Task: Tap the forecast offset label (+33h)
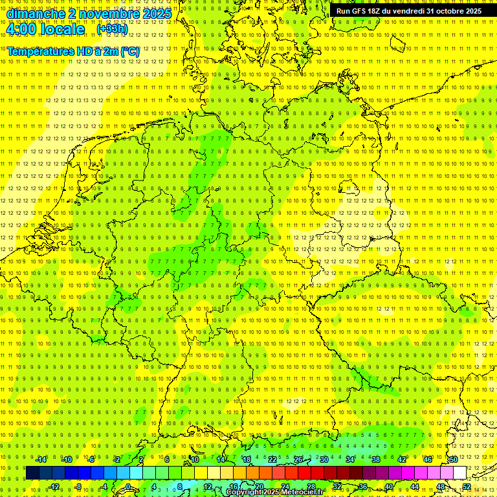pos(112,29)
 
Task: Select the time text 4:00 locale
pos(45,30)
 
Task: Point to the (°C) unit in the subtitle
pos(128,51)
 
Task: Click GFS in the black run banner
pos(359,11)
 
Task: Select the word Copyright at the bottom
pos(245,492)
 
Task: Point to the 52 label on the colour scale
pos(467,487)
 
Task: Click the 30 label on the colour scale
pos(324,459)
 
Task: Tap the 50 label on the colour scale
pos(454,459)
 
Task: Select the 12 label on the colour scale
pos(208,487)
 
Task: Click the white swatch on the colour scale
pos(460,473)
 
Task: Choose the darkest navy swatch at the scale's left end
pos(32,473)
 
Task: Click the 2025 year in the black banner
pos(473,11)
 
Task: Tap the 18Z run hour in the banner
pos(377,11)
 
